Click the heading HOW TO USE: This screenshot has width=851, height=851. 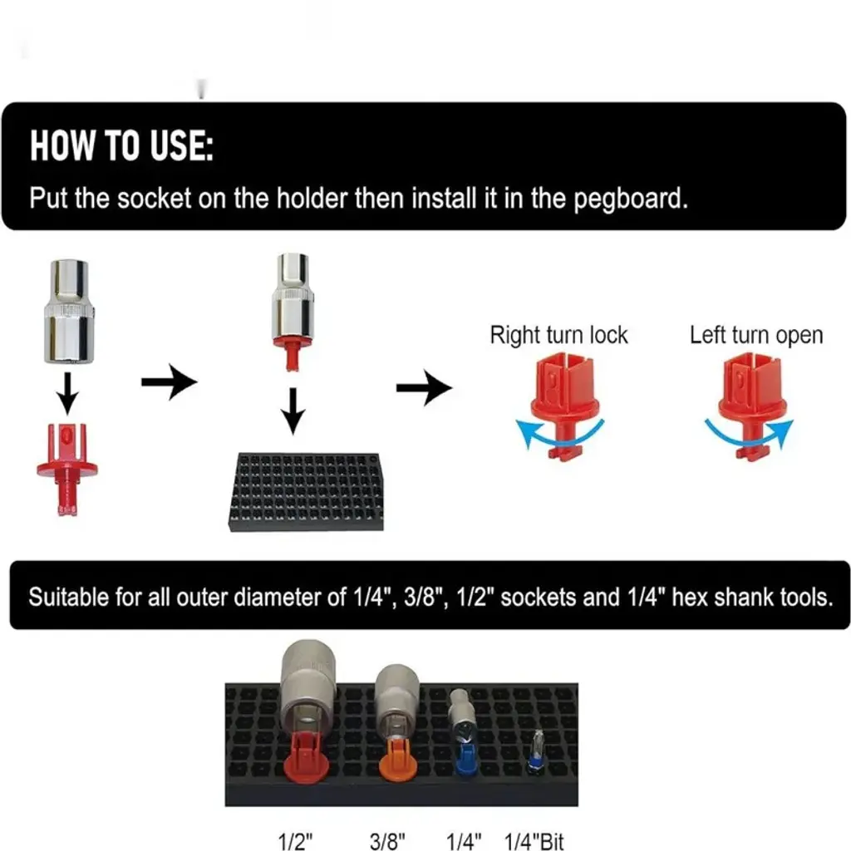(121, 145)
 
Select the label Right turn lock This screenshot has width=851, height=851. (558, 336)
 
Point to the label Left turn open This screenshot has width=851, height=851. (756, 336)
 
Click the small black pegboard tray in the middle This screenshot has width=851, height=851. (307, 491)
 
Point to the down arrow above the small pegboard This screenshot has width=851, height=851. (293, 411)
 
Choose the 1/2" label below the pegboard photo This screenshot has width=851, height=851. (295, 841)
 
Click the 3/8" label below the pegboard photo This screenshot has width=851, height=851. (387, 841)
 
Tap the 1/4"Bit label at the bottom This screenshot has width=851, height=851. (534, 841)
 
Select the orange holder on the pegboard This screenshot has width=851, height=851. (398, 758)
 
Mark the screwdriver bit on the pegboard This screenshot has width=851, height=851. (537, 750)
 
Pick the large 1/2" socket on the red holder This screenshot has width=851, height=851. (307, 686)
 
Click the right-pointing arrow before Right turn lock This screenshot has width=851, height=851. (424, 387)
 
